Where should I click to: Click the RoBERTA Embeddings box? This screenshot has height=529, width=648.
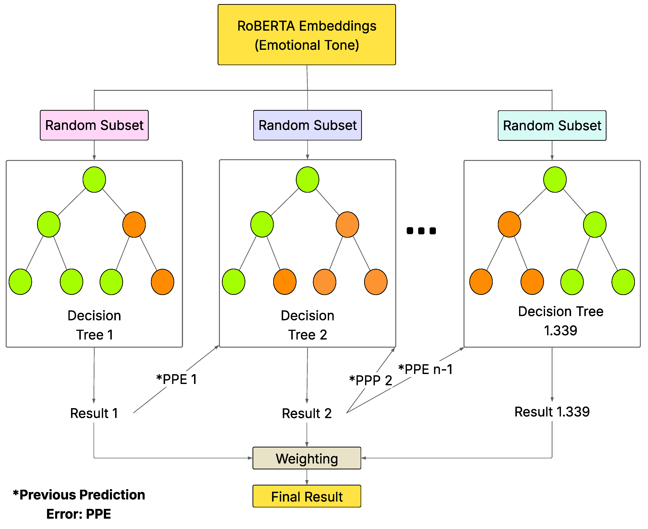coord(307,35)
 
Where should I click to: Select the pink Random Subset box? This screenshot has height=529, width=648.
coord(94,125)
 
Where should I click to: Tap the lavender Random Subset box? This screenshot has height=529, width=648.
coord(307,125)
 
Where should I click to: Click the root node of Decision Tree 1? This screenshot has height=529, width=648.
coord(94,180)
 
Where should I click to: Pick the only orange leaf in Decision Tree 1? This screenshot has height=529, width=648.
coord(162,282)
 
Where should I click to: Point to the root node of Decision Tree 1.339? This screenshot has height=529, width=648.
coord(555,180)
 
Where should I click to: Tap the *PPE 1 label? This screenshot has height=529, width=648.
coord(176,379)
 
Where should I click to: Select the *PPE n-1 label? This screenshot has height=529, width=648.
coord(425,369)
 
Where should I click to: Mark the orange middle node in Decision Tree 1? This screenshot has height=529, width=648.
coord(134,225)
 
